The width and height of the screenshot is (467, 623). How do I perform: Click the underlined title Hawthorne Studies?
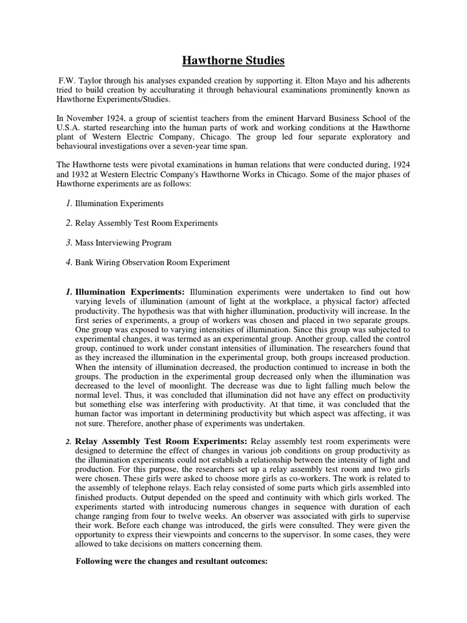pos(233,61)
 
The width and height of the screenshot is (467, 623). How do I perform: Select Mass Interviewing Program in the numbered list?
pos(123,243)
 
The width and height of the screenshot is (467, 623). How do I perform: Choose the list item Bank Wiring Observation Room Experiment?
pos(153,262)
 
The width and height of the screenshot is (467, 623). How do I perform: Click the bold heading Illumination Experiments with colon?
pos(130,293)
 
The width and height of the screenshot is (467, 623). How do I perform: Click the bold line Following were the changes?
pos(171,562)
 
